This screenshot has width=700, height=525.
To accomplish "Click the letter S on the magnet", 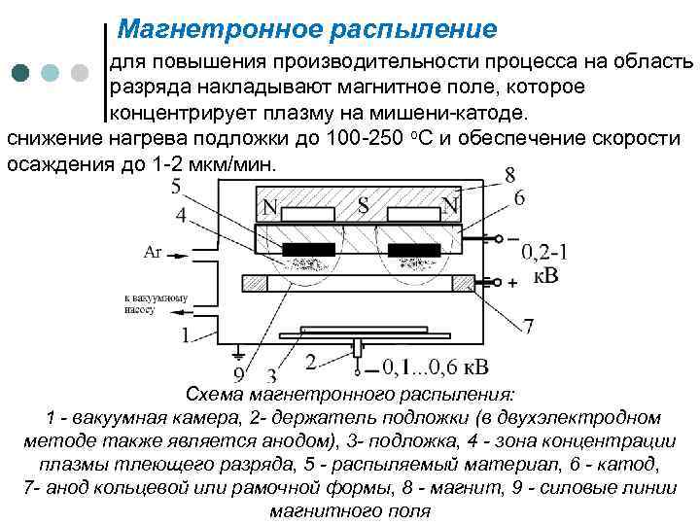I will [x=363, y=206].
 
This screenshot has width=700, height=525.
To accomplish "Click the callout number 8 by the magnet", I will [x=509, y=176].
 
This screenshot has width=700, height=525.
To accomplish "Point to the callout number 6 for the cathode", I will [x=519, y=197].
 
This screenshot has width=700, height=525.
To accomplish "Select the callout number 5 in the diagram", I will [x=175, y=186].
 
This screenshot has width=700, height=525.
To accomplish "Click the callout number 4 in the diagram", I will [x=181, y=214].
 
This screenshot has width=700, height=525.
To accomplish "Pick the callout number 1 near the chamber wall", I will [x=185, y=335].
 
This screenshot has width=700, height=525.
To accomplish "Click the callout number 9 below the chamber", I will [x=239, y=375].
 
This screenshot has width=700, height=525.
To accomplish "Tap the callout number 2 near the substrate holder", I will [x=309, y=362].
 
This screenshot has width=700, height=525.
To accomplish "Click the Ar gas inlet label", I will [x=153, y=253].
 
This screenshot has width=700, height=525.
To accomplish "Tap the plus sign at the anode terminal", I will [x=512, y=282].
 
